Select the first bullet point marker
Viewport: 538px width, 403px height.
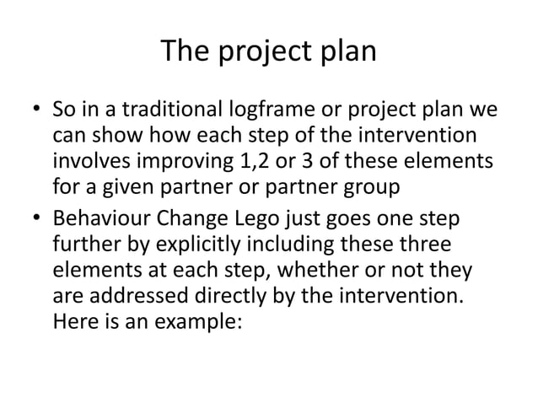coord(35,111)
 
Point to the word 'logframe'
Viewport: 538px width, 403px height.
coord(245,110)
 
